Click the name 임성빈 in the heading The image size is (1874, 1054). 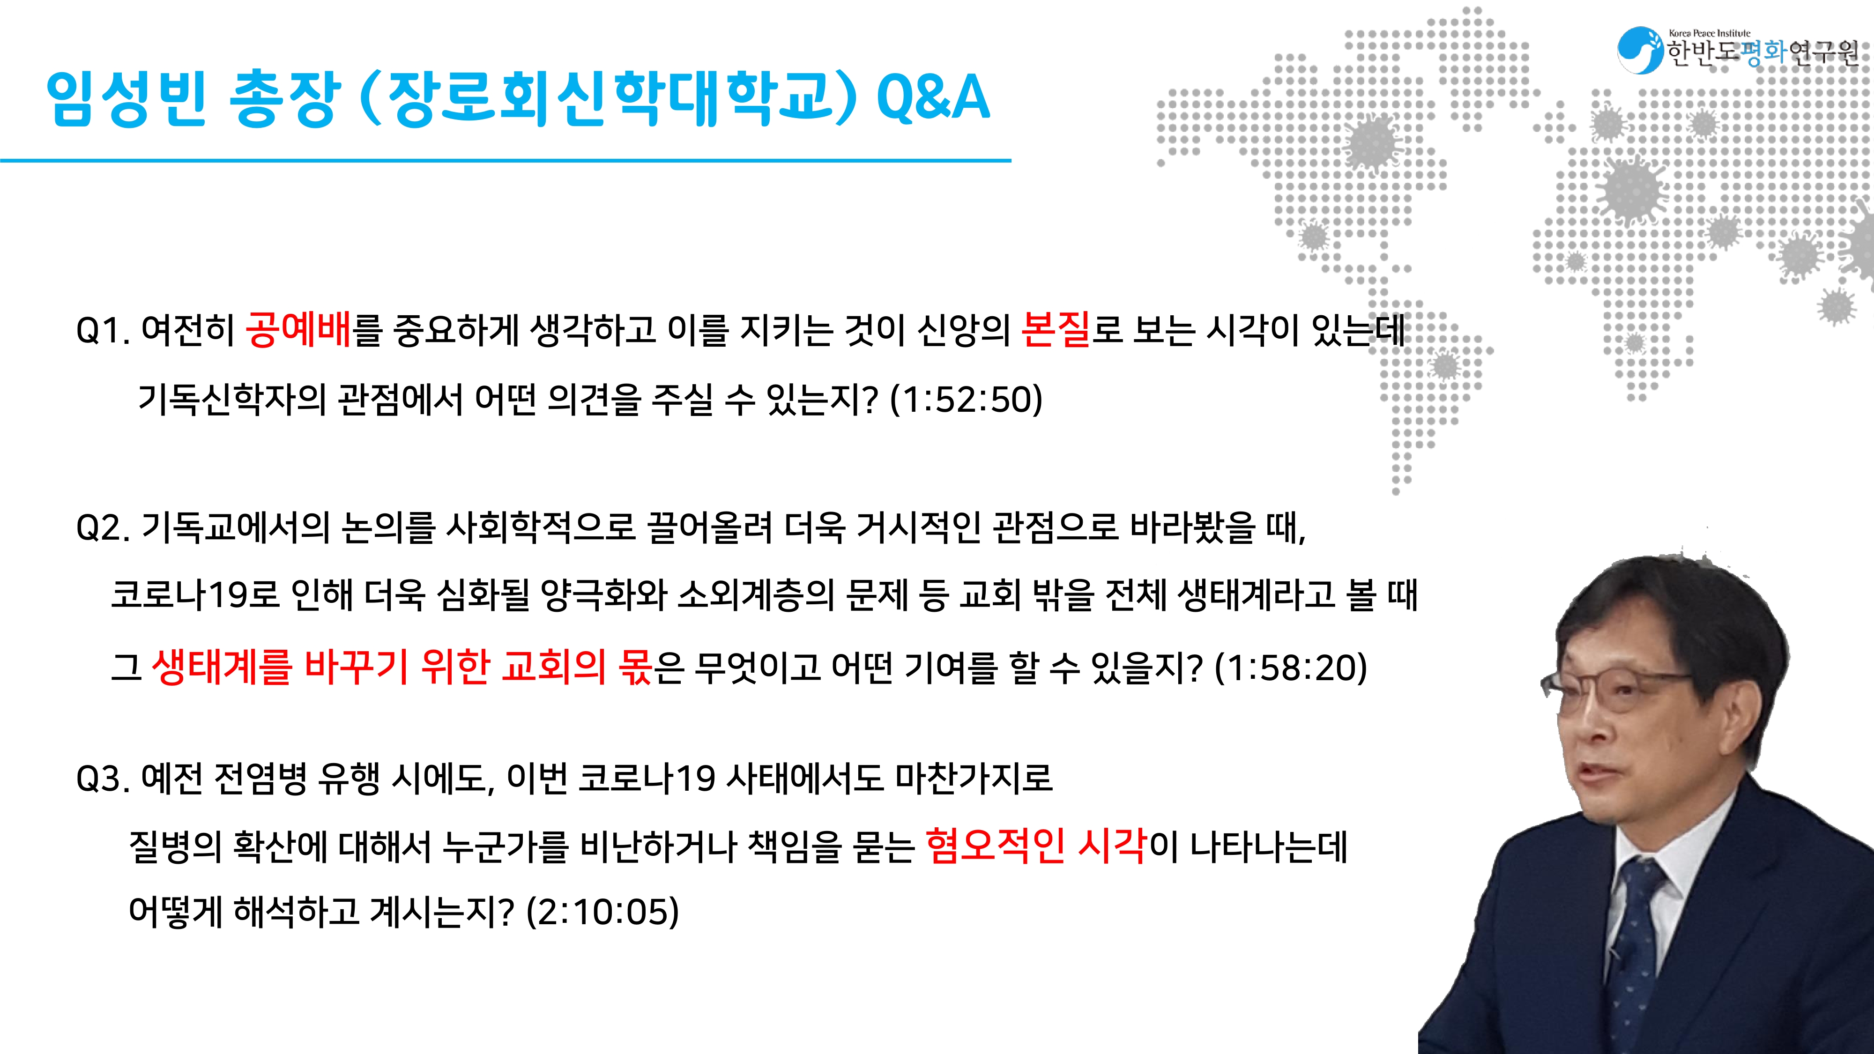point(126,98)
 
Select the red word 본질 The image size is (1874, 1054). point(1056,329)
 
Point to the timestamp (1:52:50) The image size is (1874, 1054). point(966,399)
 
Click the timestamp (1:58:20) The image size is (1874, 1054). point(1291,668)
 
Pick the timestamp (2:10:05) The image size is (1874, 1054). point(603,912)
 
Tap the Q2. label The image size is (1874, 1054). point(103,528)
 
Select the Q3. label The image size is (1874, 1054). point(103,779)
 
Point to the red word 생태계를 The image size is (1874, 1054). point(222,667)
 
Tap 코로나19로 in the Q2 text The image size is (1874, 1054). point(195,596)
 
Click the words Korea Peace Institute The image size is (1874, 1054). point(1710,33)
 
